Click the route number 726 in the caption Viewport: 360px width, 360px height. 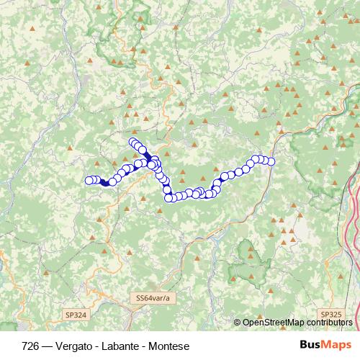30,346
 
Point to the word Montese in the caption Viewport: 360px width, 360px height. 169,346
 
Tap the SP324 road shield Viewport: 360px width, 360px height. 75,315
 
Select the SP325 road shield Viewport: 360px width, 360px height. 331,315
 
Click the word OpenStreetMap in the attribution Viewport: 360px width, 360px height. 273,323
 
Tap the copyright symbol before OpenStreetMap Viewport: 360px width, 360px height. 238,323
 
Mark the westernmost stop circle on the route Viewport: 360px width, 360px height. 89,180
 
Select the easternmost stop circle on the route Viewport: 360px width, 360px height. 271,161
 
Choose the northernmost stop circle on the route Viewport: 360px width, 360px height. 132,142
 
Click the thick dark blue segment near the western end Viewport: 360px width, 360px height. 105,183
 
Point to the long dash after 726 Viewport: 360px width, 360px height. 48,346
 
